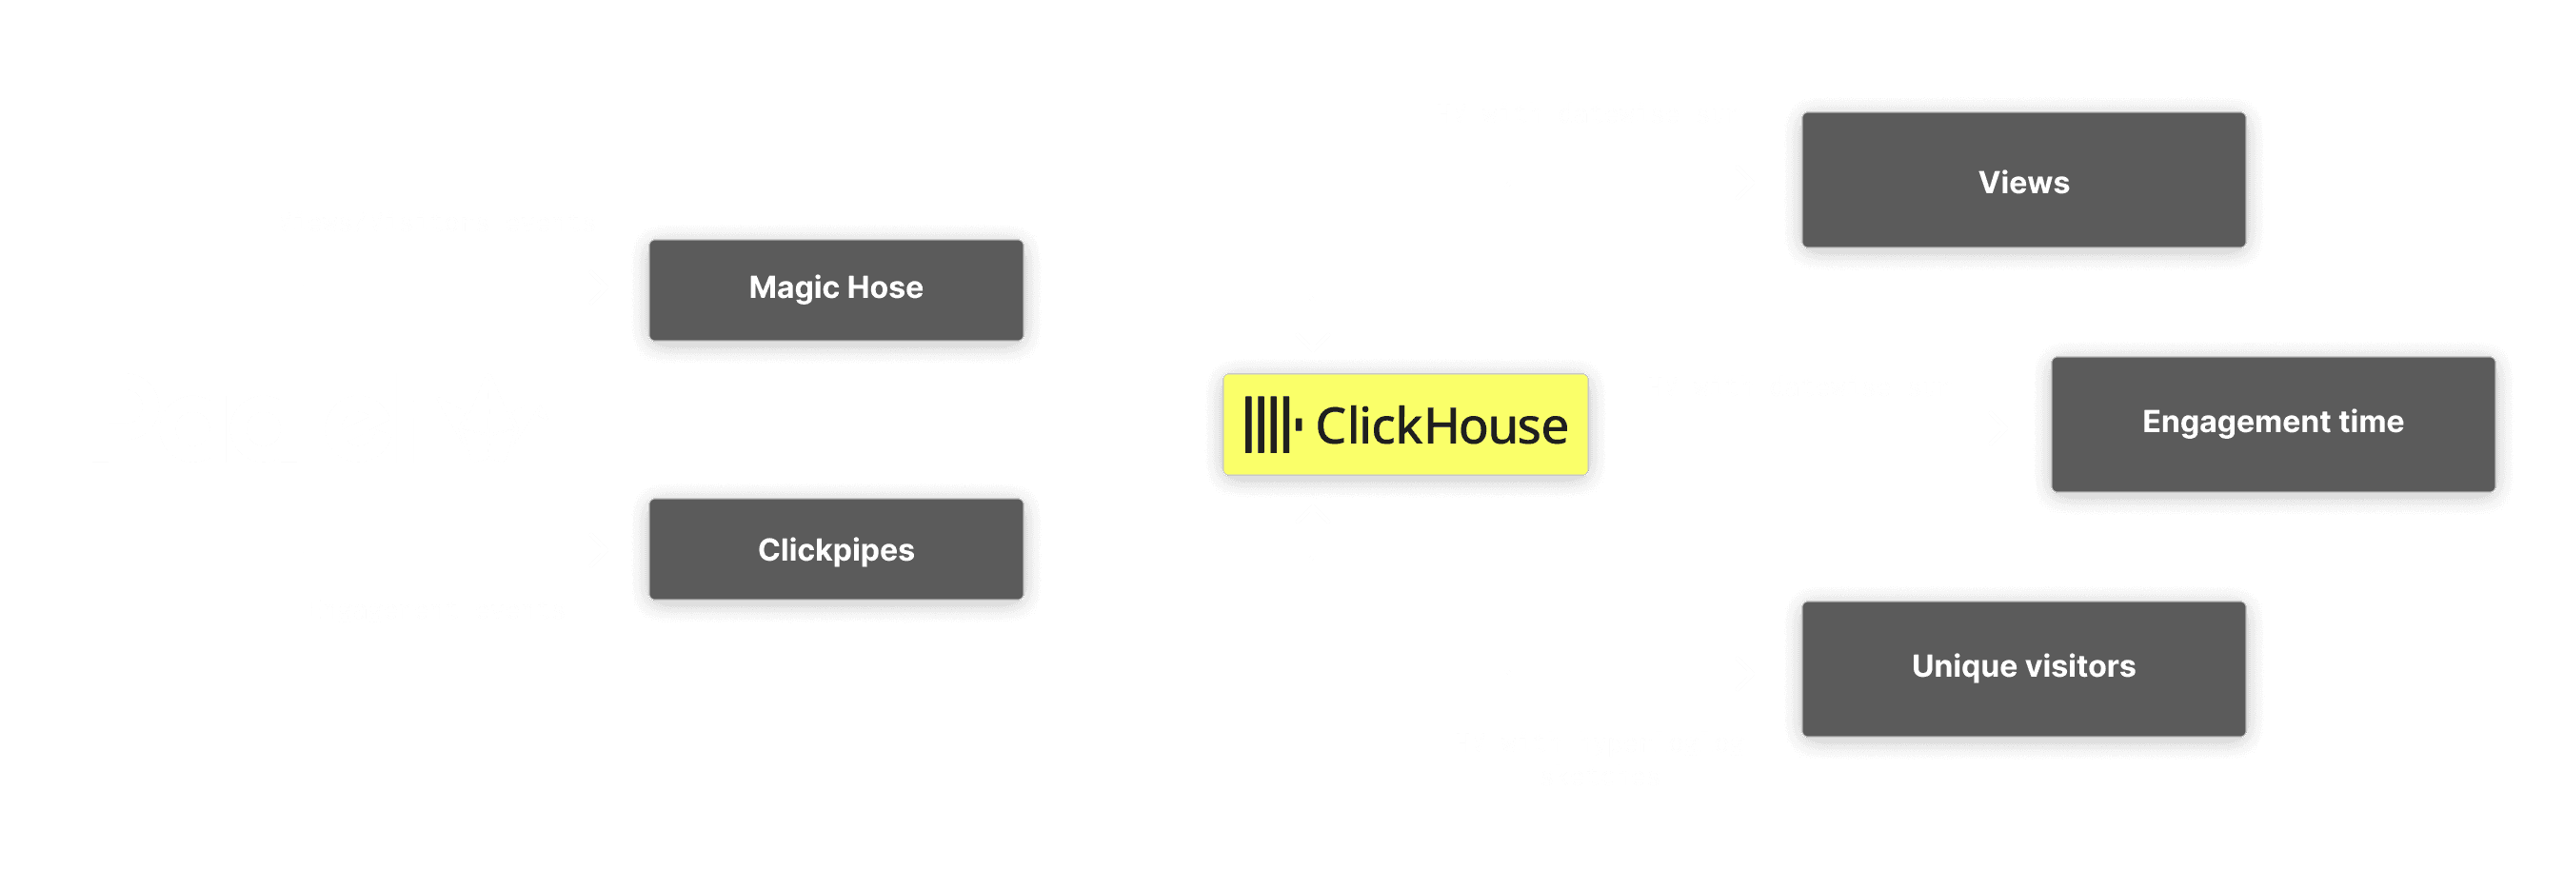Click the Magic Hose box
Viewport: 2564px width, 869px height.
click(835, 288)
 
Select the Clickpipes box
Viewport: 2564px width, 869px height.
click(835, 549)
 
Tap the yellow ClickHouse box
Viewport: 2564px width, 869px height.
click(1404, 426)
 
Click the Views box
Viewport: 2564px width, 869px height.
click(2022, 181)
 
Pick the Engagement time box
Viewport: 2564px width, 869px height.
click(2273, 422)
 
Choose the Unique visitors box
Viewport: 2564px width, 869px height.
click(2022, 666)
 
